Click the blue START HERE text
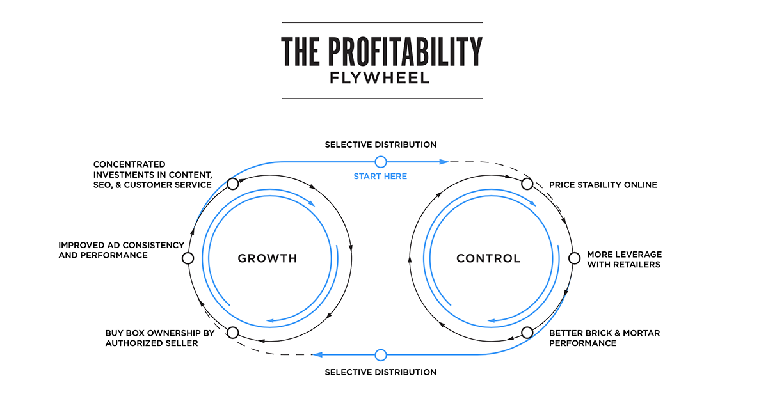(380, 176)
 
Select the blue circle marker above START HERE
(381, 162)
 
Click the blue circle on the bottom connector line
(381, 354)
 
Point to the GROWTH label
(268, 259)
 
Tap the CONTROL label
(488, 259)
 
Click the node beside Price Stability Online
(527, 184)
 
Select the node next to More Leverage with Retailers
(573, 258)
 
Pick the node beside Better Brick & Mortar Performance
(527, 333)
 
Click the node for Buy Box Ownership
(233, 333)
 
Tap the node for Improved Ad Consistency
(188, 258)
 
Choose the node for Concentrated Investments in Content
(233, 184)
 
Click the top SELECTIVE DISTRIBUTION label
(380, 145)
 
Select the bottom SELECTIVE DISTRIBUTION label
(380, 372)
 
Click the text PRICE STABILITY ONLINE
(603, 185)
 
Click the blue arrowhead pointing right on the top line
(444, 162)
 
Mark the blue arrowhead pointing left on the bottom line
(317, 354)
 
